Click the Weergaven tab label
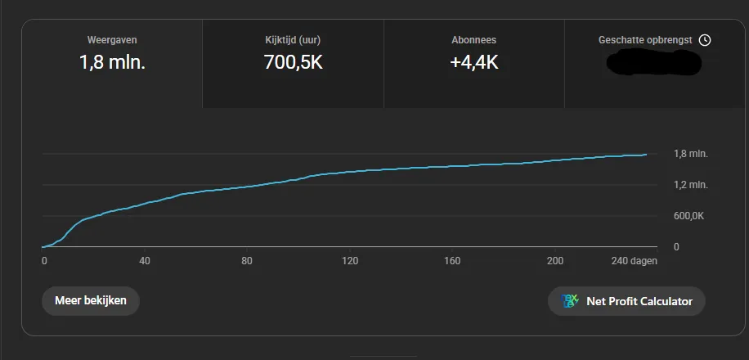click(x=111, y=39)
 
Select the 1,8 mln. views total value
click(x=112, y=62)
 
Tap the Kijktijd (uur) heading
click(x=293, y=39)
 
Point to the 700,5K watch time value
click(x=293, y=62)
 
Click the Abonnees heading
click(x=473, y=39)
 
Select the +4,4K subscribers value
click(x=473, y=62)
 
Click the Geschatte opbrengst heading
click(x=646, y=39)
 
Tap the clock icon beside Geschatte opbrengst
click(x=705, y=40)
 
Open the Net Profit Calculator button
click(x=626, y=301)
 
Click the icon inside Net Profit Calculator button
click(x=570, y=301)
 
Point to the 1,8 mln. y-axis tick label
click(x=690, y=154)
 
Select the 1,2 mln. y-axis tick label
click(x=690, y=185)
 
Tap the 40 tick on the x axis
click(x=146, y=261)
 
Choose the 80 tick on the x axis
click(x=248, y=261)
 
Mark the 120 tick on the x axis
click(x=350, y=261)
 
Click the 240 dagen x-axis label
click(x=634, y=261)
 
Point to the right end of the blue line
click(x=646, y=154)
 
